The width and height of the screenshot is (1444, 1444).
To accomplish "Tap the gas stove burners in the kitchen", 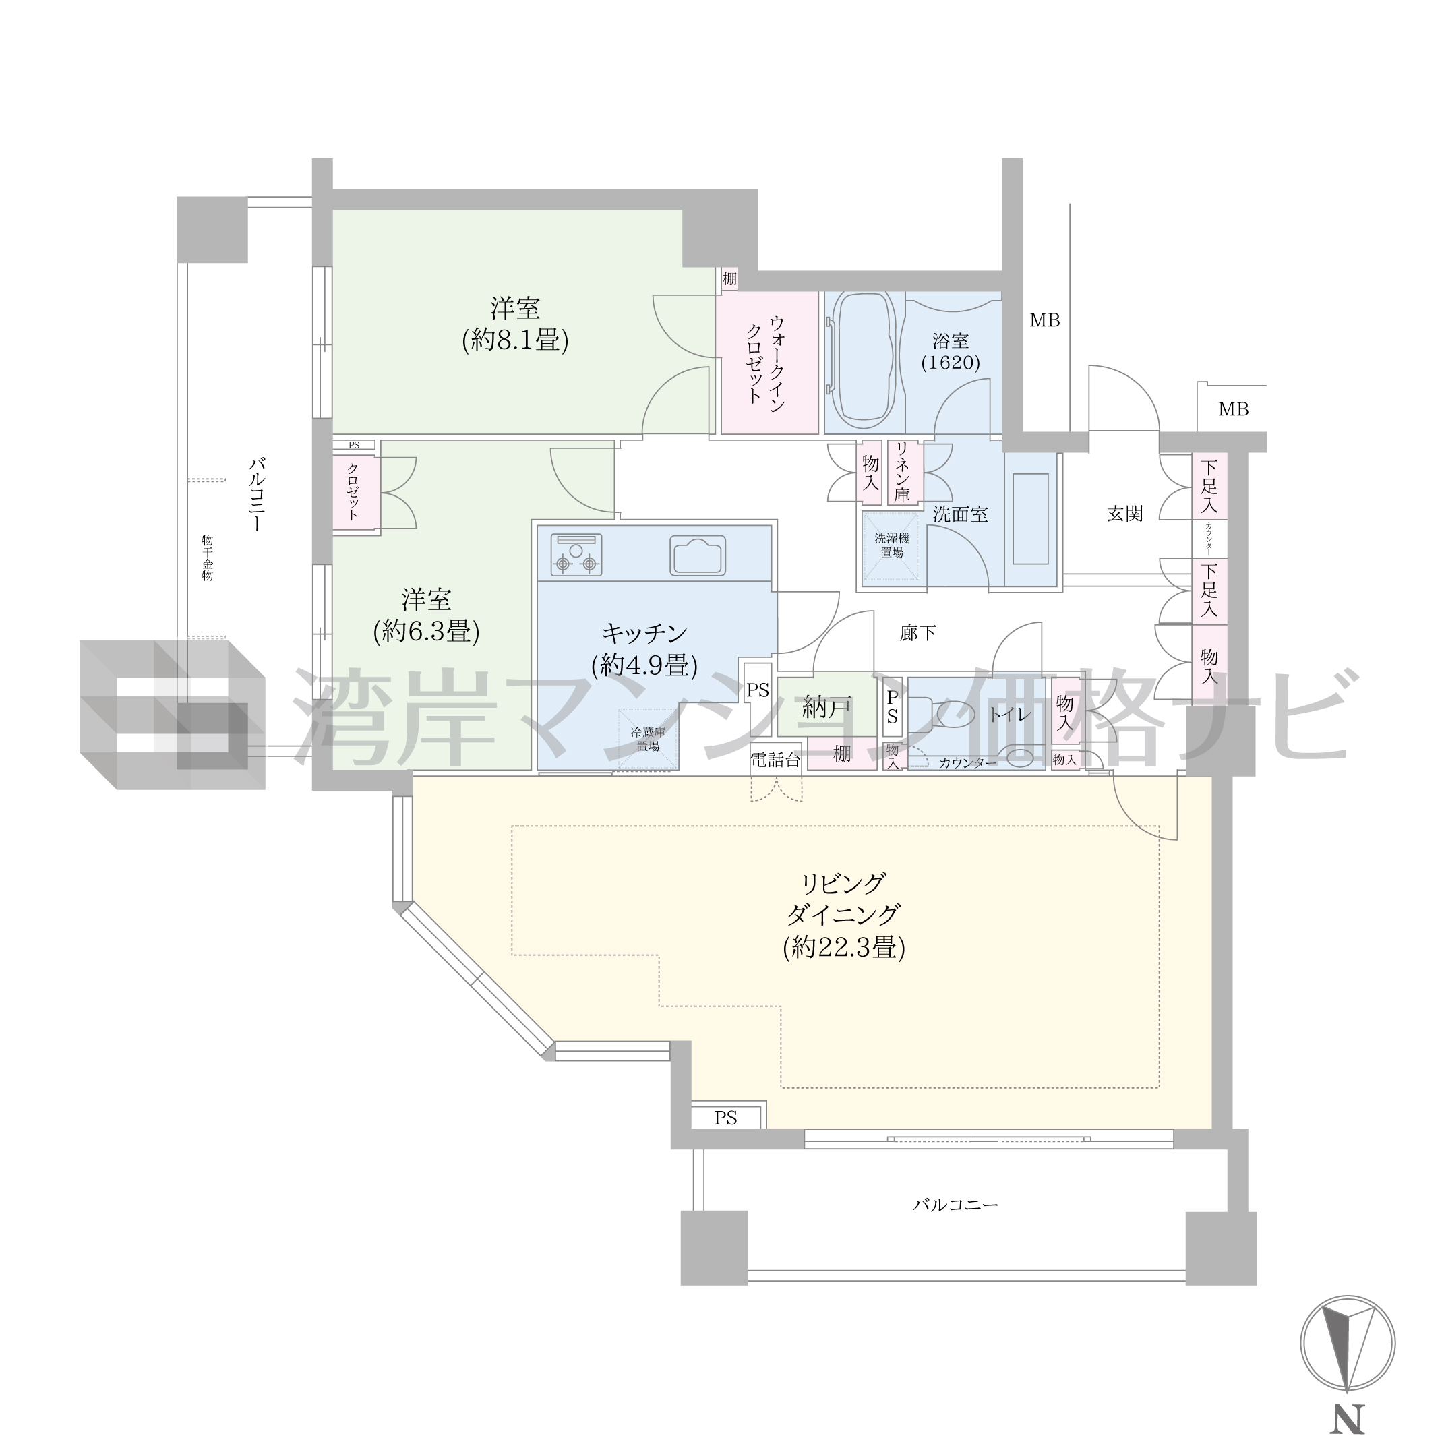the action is click(x=576, y=555).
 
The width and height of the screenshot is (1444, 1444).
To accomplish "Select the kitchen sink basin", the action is click(x=697, y=555).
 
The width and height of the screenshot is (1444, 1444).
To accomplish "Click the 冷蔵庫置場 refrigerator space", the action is click(x=648, y=738).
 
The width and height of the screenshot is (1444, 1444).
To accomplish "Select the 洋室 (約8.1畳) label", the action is click(x=516, y=324).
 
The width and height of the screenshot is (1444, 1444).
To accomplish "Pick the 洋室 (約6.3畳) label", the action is click(x=427, y=616).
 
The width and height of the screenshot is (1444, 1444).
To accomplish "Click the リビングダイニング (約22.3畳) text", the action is click(x=844, y=915).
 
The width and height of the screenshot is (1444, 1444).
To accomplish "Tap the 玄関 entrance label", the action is click(x=1125, y=514).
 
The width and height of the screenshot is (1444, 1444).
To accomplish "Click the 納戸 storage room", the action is click(x=827, y=706).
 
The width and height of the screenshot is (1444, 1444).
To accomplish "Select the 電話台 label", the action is click(x=776, y=760).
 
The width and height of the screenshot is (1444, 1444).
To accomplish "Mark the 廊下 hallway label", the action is click(x=917, y=633).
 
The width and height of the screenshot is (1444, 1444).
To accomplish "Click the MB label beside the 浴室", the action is click(x=1045, y=320).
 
